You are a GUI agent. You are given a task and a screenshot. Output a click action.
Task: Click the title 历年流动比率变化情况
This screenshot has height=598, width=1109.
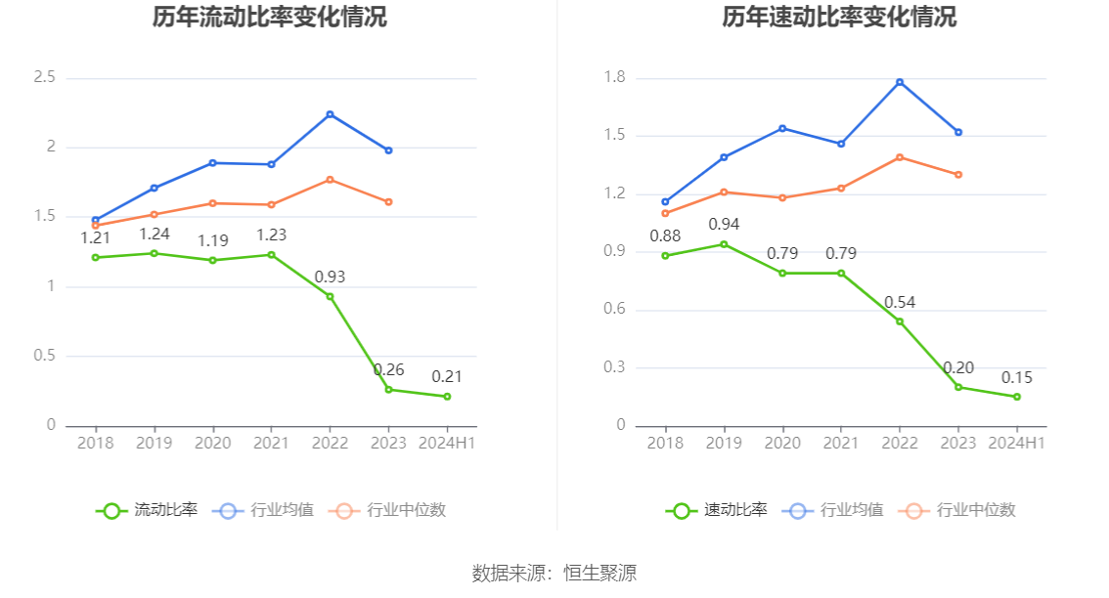click(x=269, y=17)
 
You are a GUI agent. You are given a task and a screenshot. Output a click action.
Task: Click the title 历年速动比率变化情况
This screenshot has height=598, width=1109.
click(x=839, y=17)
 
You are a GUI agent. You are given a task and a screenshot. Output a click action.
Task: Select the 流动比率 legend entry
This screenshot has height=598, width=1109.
click(x=147, y=510)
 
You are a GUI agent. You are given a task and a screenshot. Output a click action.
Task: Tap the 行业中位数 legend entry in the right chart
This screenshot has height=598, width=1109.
click(x=961, y=510)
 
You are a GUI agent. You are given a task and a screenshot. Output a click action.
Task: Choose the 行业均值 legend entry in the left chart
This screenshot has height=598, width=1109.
click(x=267, y=510)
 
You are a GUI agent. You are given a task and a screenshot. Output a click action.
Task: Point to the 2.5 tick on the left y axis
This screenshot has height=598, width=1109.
click(x=44, y=77)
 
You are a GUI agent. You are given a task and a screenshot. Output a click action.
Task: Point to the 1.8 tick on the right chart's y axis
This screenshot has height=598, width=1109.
click(x=614, y=77)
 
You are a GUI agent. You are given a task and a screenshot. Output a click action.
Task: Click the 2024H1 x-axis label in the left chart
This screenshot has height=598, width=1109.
click(x=447, y=443)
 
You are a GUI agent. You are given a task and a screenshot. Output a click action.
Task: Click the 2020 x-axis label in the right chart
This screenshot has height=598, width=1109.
click(x=782, y=443)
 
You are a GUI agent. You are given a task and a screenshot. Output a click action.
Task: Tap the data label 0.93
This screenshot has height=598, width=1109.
click(x=330, y=278)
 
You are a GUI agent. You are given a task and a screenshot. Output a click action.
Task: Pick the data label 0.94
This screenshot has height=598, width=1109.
click(x=724, y=225)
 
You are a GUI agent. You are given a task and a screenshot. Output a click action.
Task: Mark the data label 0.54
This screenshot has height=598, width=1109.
click(x=900, y=303)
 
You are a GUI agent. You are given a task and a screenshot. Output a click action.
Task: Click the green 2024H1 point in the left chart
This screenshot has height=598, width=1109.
click(x=447, y=397)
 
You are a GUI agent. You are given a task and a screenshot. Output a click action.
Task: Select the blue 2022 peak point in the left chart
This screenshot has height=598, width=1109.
click(x=330, y=114)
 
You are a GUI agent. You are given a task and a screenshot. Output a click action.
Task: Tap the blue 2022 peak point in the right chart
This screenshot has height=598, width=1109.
click(x=900, y=82)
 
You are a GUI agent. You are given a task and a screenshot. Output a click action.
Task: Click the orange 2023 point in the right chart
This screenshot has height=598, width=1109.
click(x=958, y=175)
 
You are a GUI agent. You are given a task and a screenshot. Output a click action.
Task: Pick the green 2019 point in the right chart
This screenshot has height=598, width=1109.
click(x=724, y=244)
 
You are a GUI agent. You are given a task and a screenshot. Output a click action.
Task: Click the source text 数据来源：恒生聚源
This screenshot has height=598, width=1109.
click(x=554, y=574)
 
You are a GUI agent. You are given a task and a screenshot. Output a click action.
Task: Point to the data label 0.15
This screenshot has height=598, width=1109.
click(x=1017, y=378)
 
